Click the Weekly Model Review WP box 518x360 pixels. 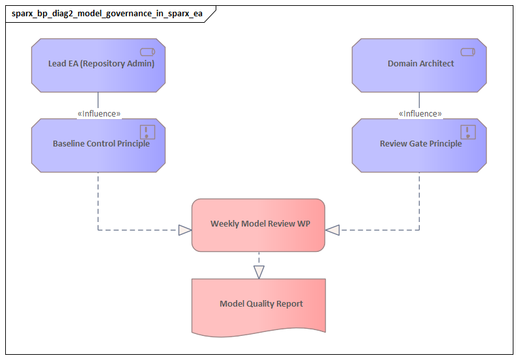click(x=258, y=225)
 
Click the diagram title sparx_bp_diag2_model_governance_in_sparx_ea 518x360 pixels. click(x=107, y=14)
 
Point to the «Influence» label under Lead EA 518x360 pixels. click(x=98, y=113)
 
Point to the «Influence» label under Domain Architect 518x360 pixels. click(x=420, y=113)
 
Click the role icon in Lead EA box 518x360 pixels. click(x=147, y=52)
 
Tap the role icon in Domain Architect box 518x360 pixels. click(x=468, y=52)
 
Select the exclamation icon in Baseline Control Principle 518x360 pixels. click(x=148, y=132)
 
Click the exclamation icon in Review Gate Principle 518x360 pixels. click(x=468, y=132)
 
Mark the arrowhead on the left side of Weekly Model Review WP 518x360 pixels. click(x=185, y=230)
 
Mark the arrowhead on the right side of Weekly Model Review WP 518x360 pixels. click(x=332, y=230)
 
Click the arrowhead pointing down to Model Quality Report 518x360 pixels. click(x=259, y=272)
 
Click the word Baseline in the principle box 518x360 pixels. click(x=69, y=144)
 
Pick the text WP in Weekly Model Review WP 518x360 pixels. click(x=303, y=224)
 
